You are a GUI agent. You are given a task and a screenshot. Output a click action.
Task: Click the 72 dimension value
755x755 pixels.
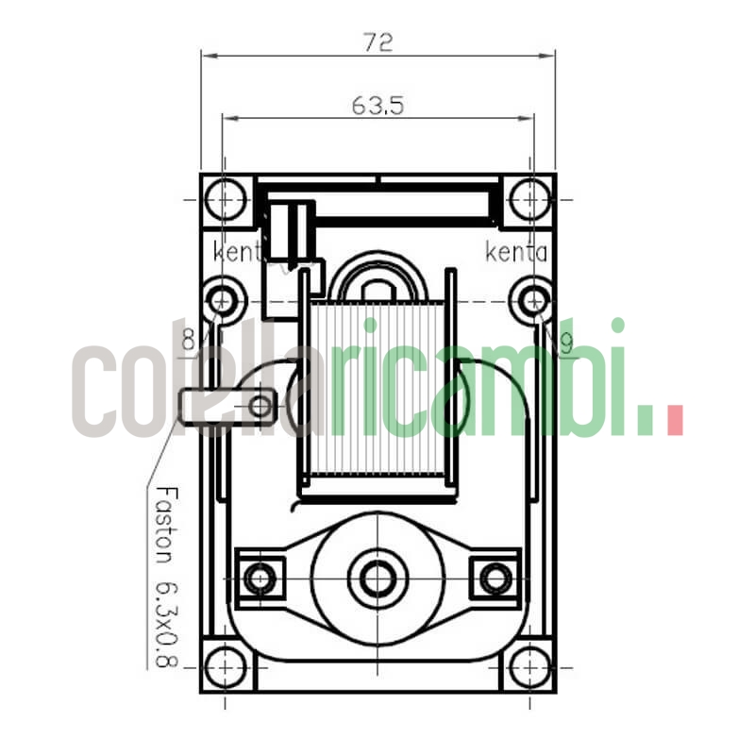(377, 42)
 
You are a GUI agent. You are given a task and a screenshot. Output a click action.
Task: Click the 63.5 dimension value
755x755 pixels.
(377, 106)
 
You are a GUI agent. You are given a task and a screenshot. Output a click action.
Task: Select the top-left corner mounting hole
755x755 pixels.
(225, 200)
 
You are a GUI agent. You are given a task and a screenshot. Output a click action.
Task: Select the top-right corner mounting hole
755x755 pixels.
(529, 200)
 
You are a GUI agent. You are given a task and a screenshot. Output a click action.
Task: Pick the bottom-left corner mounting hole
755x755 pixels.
(225, 666)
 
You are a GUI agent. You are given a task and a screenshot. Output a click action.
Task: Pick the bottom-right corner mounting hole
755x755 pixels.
(529, 666)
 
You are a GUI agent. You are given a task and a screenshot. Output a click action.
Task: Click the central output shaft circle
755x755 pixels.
(377, 578)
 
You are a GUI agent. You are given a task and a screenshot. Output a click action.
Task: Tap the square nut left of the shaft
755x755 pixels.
(260, 578)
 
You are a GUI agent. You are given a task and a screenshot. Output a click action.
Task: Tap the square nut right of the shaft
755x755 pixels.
(495, 578)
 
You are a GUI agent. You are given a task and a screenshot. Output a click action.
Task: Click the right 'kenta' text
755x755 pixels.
(515, 252)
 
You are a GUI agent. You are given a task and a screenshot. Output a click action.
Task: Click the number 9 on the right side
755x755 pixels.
(564, 347)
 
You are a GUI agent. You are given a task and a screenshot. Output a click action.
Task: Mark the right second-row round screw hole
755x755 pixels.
(532, 300)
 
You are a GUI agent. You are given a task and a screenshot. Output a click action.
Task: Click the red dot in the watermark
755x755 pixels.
(674, 420)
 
